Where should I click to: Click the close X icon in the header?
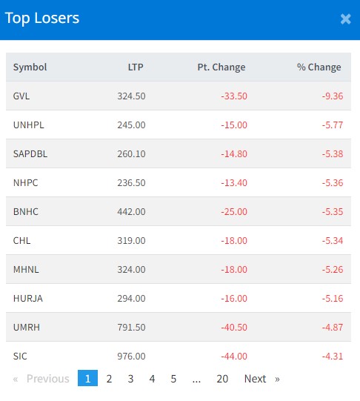pos(345,19)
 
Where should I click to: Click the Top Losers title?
pos(42,18)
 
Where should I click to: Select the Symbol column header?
pos(30,67)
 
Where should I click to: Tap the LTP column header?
pos(136,67)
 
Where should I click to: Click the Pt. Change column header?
pos(221,67)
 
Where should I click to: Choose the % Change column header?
pos(319,67)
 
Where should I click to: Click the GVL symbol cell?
pos(21,96)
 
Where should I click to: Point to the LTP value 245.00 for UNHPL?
pos(131,125)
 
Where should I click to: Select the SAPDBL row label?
pos(30,153)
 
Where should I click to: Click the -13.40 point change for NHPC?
pos(234,182)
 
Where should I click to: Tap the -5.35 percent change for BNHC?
pos(333,211)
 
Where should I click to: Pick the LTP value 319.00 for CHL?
pos(131,240)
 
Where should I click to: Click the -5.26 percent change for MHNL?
pos(333,269)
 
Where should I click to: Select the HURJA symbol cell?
pos(28,298)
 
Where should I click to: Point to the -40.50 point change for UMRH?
pos(234,327)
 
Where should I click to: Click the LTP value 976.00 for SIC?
pos(131,356)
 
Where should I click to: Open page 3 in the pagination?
pos(130,379)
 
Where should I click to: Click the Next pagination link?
pos(255,379)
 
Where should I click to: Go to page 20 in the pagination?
pos(222,379)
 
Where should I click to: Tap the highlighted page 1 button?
pos(87,378)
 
